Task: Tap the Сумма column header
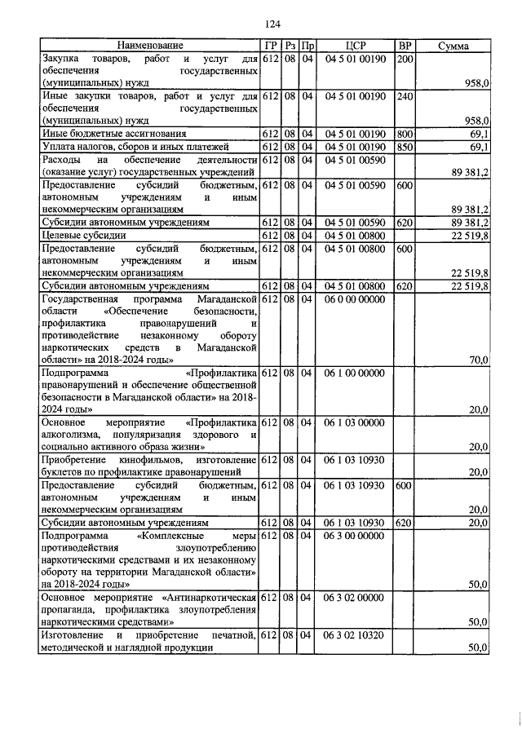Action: coord(453,46)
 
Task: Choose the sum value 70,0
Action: coord(479,360)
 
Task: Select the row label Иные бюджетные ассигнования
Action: coord(114,133)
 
